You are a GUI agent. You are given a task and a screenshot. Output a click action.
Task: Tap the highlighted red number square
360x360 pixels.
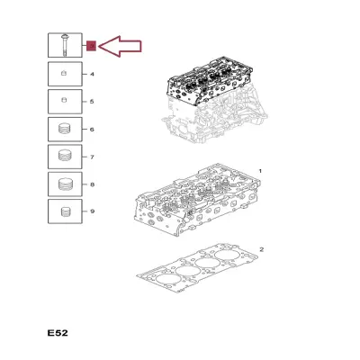coord(91,46)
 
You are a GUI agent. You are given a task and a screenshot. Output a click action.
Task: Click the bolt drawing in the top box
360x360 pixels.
coord(65,45)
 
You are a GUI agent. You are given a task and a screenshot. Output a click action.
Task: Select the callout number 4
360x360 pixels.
coord(92,74)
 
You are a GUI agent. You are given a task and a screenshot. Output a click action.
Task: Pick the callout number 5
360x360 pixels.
coord(92,102)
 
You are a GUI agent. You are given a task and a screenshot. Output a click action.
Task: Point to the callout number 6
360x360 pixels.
coord(92,130)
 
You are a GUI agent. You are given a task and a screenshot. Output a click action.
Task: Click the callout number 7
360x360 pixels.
coord(92,157)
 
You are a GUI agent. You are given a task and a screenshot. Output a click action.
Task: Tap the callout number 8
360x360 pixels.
coord(92,184)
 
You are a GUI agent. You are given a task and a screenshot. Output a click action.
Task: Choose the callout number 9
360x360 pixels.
coord(92,211)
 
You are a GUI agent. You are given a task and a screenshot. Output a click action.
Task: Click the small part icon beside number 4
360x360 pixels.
coord(64,73)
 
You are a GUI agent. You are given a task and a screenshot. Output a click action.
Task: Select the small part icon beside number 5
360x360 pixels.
coord(64,100)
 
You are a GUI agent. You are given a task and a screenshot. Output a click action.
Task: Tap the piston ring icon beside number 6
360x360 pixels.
coord(64,129)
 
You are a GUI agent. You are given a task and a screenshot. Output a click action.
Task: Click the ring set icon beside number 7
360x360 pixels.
coord(64,156)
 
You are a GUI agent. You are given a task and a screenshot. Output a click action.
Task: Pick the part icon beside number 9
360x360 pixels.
coord(66,211)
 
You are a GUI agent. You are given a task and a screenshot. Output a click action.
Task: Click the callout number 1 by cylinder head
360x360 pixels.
coord(260,171)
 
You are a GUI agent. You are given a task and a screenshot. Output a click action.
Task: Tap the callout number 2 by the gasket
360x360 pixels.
coord(261,249)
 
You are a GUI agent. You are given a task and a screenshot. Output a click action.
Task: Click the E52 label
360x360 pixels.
coord(58,333)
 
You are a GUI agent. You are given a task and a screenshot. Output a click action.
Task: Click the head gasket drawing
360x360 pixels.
coord(197,268)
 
